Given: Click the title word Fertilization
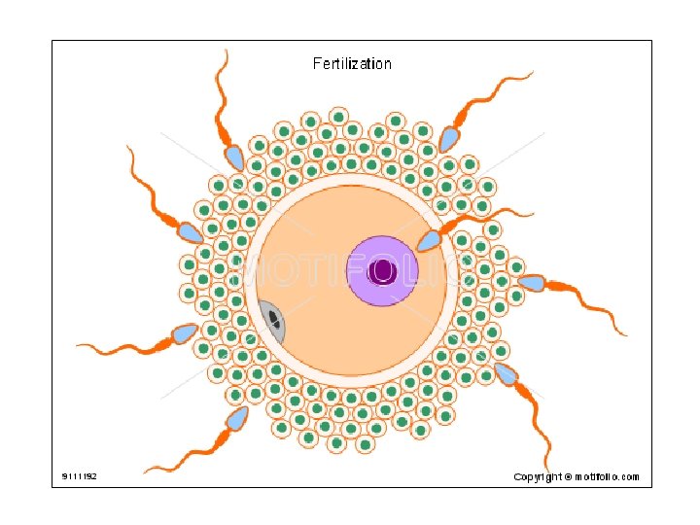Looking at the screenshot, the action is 352,64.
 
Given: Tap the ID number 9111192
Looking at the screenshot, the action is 79,476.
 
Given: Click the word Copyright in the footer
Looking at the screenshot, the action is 537,476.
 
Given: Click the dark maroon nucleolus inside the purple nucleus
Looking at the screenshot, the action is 383,271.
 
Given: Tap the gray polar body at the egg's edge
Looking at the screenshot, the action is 271,321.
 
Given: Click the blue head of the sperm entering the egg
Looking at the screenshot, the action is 429,240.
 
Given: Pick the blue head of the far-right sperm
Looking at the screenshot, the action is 531,283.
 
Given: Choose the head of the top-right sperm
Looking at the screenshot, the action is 448,138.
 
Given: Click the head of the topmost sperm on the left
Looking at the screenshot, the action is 234,157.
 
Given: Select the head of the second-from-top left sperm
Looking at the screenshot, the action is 191,233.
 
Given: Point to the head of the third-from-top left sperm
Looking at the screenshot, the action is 184,333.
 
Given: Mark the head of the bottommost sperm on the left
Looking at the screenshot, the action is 236,419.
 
